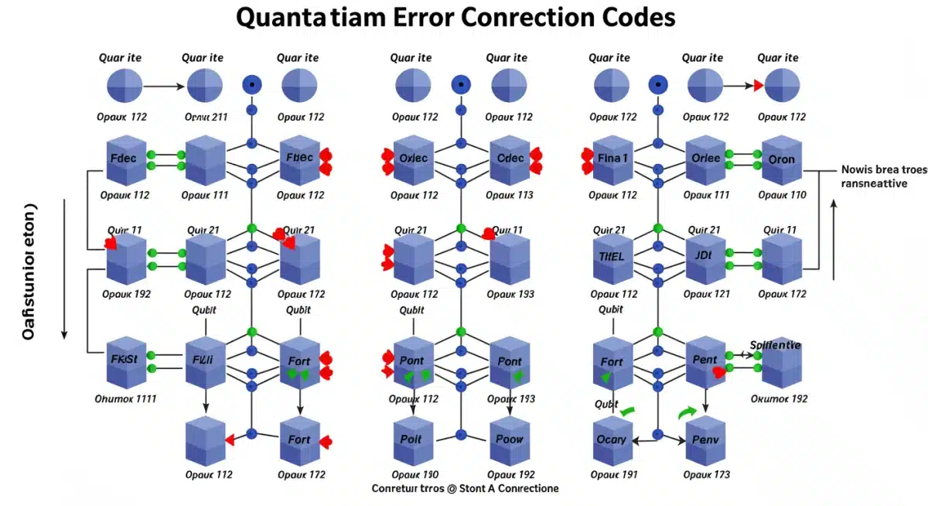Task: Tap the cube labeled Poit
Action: point(412,439)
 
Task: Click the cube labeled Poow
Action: point(510,439)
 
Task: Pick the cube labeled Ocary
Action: point(612,439)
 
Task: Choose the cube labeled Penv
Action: point(705,439)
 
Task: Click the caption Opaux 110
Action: point(782,195)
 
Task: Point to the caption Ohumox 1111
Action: point(125,399)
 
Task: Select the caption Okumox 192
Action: point(780,399)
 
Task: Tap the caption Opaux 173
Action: point(705,474)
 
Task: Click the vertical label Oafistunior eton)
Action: point(29,271)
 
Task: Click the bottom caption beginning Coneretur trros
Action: point(465,489)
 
